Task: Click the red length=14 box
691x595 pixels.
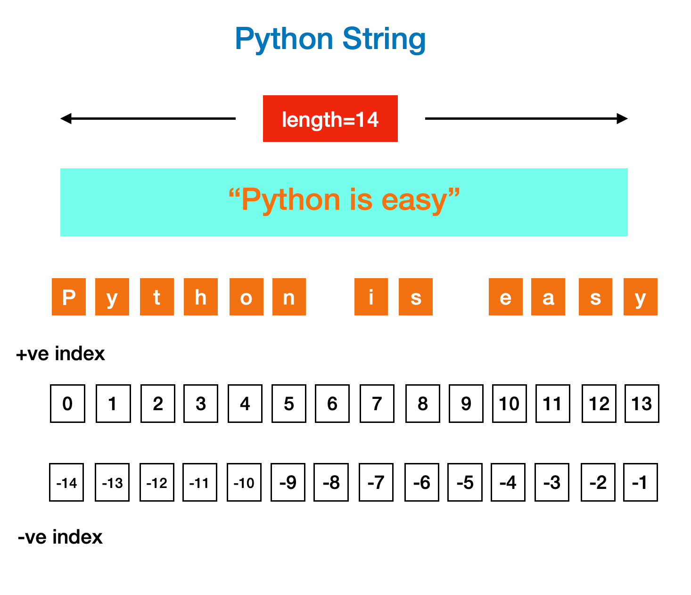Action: tap(330, 118)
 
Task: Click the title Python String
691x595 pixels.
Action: tap(330, 39)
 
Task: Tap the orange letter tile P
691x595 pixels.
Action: tap(69, 297)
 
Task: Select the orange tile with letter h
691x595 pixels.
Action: tap(201, 297)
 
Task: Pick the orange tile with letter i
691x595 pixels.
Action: tap(371, 297)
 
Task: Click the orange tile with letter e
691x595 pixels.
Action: tap(505, 297)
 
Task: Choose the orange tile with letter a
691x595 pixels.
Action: tap(548, 297)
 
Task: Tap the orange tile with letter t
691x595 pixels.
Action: tap(157, 297)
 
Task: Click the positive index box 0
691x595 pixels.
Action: tap(67, 404)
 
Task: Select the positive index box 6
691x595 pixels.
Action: tap(332, 404)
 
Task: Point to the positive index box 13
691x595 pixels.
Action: tap(642, 404)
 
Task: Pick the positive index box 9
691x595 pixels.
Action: tap(466, 404)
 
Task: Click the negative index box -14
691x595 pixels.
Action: tap(66, 482)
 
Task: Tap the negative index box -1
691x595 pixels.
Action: tap(640, 482)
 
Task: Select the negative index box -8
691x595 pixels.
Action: tap(331, 482)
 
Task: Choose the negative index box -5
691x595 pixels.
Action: tap(465, 482)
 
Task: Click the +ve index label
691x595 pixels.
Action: tap(60, 354)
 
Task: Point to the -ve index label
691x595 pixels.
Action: tap(60, 537)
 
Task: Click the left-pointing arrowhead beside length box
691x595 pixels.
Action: tap(66, 118)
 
